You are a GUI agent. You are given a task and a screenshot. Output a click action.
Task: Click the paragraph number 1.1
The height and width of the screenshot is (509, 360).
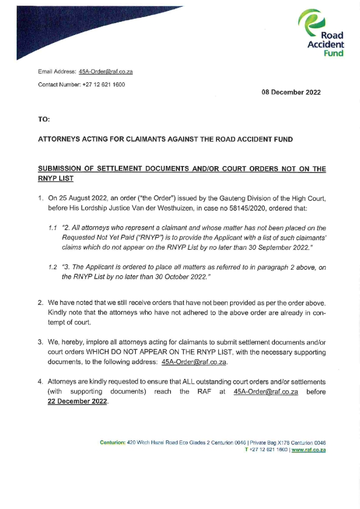point(52,228)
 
